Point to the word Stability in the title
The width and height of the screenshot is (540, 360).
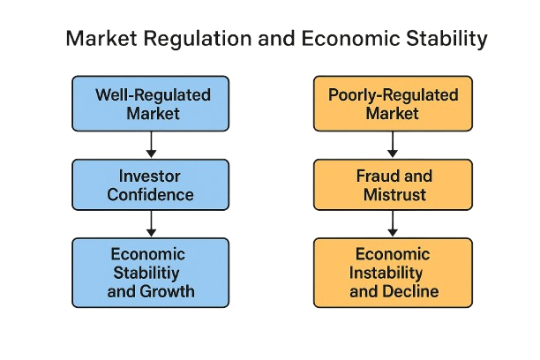[446, 39]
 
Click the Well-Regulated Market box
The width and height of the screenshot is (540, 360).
[151, 104]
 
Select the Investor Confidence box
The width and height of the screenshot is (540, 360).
[151, 184]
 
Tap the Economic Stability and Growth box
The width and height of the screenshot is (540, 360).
[151, 273]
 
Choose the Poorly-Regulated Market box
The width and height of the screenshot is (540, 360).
[393, 104]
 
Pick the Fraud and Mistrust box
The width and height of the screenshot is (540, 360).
[393, 184]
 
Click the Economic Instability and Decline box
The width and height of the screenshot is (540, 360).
[393, 273]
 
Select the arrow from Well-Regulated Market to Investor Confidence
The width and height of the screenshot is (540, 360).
[151, 145]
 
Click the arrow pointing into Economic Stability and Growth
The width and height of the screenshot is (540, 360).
[151, 224]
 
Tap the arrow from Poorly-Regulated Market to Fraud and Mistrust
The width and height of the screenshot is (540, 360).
[393, 145]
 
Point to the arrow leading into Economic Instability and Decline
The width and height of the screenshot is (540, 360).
[393, 224]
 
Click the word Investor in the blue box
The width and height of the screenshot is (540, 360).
[149, 176]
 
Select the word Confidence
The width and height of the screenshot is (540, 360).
[150, 195]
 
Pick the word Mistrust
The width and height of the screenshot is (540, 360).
[394, 195]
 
